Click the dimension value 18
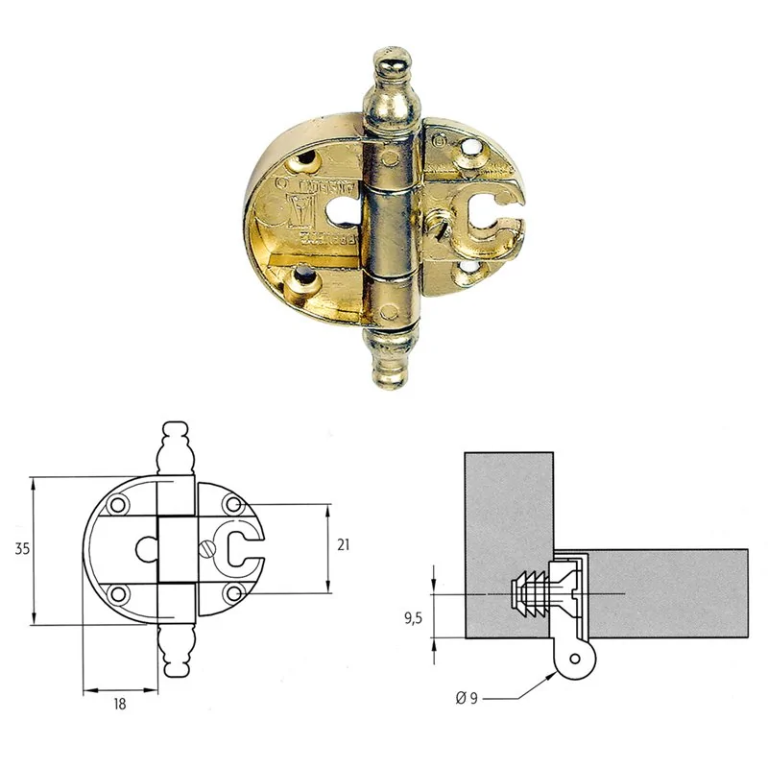pyautogui.click(x=120, y=704)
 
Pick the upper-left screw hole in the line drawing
pyautogui.click(x=118, y=505)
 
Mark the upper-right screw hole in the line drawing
pyautogui.click(x=231, y=505)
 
